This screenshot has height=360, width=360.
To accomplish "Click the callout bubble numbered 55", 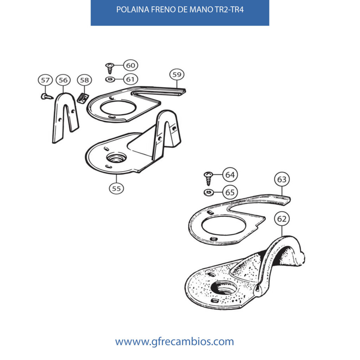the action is click(116, 188).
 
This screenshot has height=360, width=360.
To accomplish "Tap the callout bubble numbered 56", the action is click(63, 80).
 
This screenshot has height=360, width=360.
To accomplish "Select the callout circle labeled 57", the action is click(45, 80).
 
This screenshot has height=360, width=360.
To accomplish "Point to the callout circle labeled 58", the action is click(84, 80).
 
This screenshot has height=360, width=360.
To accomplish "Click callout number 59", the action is click(177, 75).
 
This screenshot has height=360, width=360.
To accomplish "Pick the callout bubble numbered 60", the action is click(131, 65).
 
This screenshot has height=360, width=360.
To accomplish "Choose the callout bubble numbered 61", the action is click(131, 79).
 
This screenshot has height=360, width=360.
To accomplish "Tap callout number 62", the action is click(282, 219).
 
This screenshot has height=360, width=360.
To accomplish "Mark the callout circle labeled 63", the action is click(282, 179).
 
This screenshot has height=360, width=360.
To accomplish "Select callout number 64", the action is click(230, 174).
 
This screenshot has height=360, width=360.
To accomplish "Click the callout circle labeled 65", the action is click(230, 192).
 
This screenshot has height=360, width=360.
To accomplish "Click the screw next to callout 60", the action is click(110, 68).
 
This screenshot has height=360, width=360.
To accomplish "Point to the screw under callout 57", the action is click(47, 97).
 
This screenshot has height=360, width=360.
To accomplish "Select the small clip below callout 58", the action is click(83, 98).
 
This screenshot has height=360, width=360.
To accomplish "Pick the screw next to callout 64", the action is click(208, 178).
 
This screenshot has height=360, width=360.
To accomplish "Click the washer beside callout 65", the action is click(209, 192).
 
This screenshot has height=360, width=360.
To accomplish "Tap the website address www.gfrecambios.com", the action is click(174, 341).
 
